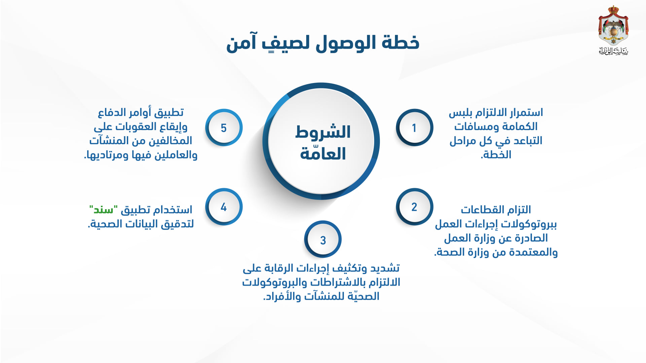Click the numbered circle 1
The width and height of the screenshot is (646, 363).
pyautogui.click(x=415, y=127)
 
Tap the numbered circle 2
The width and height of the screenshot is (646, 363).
pyautogui.click(x=415, y=207)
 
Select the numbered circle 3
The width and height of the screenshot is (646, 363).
pyautogui.click(x=323, y=239)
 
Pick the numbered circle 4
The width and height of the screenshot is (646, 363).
pyautogui.click(x=224, y=207)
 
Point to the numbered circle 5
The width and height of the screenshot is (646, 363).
pyautogui.click(x=224, y=127)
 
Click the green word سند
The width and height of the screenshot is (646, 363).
pyautogui.click(x=103, y=210)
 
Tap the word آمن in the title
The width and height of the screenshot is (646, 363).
pyautogui.click(x=241, y=43)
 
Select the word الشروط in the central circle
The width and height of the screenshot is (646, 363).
pyautogui.click(x=323, y=132)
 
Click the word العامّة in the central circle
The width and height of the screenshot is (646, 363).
pyautogui.click(x=323, y=153)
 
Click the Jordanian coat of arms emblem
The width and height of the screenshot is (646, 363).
pyautogui.click(x=613, y=26)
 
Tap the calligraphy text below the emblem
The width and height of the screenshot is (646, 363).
pyautogui.click(x=613, y=51)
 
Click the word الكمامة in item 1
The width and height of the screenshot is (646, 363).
pyautogui.click(x=520, y=126)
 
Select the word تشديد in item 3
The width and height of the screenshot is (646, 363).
pyautogui.click(x=385, y=268)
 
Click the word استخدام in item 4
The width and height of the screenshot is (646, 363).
pyautogui.click(x=173, y=210)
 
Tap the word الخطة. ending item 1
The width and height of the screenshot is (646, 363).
pyautogui.click(x=496, y=155)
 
